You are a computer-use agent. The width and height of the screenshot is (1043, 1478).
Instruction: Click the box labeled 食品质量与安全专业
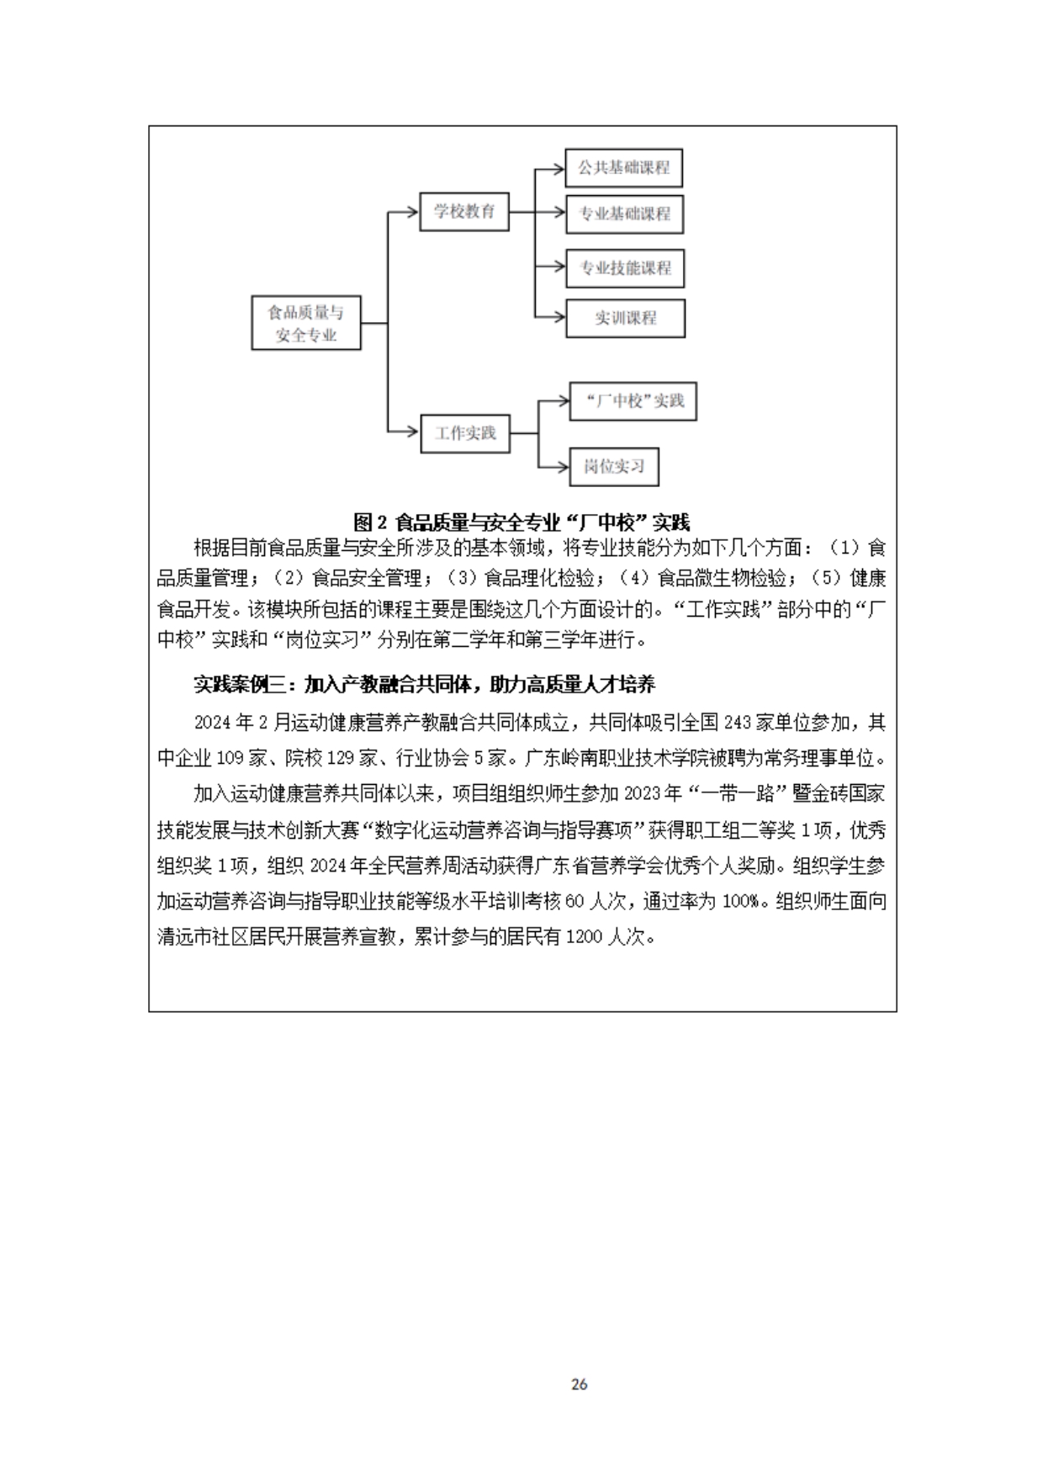[x=306, y=323]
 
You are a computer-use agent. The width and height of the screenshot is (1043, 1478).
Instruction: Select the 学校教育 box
[x=464, y=211]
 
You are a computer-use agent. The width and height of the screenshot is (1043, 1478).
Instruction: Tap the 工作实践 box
[x=465, y=433]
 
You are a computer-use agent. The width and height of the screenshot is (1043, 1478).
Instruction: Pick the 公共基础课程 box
[x=623, y=168]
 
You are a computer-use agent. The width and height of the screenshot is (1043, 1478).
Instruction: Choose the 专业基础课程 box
[x=624, y=215]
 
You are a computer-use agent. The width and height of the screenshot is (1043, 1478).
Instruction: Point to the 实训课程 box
[x=625, y=318]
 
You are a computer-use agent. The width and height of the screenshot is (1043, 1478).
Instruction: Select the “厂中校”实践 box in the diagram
[x=633, y=401]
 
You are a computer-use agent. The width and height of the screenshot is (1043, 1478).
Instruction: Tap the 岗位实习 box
[x=614, y=466]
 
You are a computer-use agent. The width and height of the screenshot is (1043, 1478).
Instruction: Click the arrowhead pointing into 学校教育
[x=413, y=212]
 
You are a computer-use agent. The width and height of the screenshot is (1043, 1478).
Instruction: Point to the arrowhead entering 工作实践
[x=413, y=433]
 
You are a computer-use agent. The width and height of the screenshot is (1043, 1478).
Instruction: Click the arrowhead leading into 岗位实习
[x=564, y=467]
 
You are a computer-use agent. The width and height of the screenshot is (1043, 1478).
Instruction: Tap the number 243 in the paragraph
[x=737, y=723]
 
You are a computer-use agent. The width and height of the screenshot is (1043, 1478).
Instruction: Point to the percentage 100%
[x=740, y=901]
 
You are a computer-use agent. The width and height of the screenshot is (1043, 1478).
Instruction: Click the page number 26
[x=579, y=1384]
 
